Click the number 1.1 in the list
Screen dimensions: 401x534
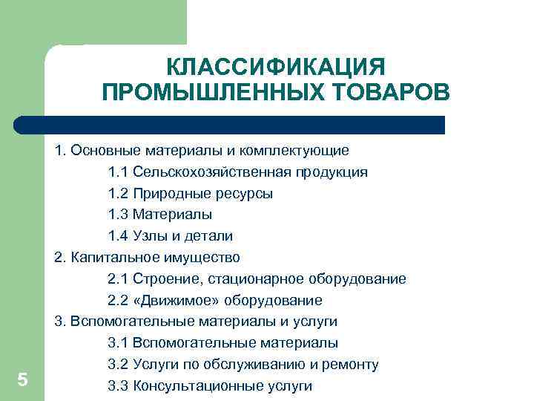118,172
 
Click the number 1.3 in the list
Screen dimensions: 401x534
118,215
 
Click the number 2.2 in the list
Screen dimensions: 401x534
118,301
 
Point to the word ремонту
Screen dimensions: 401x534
351,365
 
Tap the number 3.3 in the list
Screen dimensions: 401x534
118,386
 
